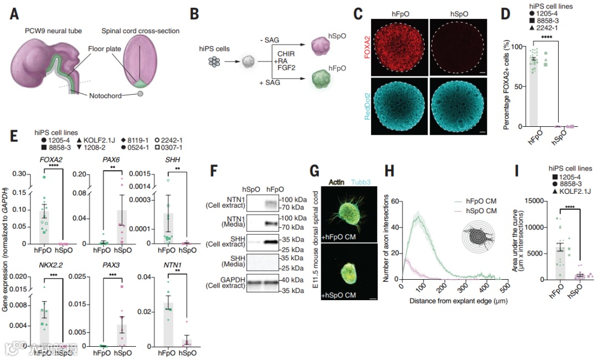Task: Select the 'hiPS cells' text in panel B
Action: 212,49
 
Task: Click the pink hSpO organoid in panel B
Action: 324,46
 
